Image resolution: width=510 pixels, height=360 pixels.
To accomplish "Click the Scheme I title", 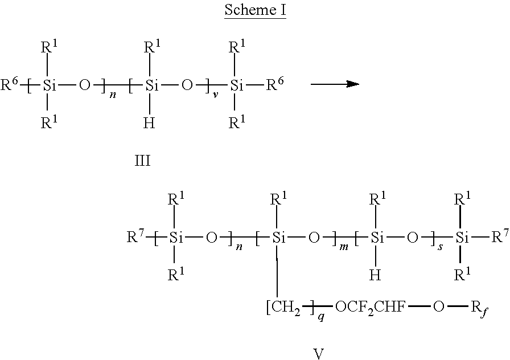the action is click(x=256, y=10).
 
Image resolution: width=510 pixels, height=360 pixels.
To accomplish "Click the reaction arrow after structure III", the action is click(x=335, y=84).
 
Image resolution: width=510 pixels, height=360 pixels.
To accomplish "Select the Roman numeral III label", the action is click(x=143, y=161).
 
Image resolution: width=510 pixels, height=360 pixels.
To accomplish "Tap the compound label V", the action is click(x=319, y=354).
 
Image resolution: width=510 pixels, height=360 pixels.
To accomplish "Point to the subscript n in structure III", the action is click(x=113, y=96).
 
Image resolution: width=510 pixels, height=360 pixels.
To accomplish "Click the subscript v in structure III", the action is click(x=215, y=95).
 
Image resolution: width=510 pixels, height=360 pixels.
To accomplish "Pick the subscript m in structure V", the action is click(x=343, y=247).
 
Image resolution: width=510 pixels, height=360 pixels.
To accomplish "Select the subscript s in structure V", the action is click(x=440, y=247).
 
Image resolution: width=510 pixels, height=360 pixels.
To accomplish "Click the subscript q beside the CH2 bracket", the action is click(x=321, y=317).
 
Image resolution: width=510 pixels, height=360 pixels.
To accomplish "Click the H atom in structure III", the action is click(x=149, y=123).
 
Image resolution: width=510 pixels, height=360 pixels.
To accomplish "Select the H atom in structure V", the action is click(x=375, y=275).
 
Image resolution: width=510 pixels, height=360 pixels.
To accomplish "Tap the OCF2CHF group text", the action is click(x=371, y=307).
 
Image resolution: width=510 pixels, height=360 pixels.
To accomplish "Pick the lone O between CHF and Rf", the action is click(x=438, y=306).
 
